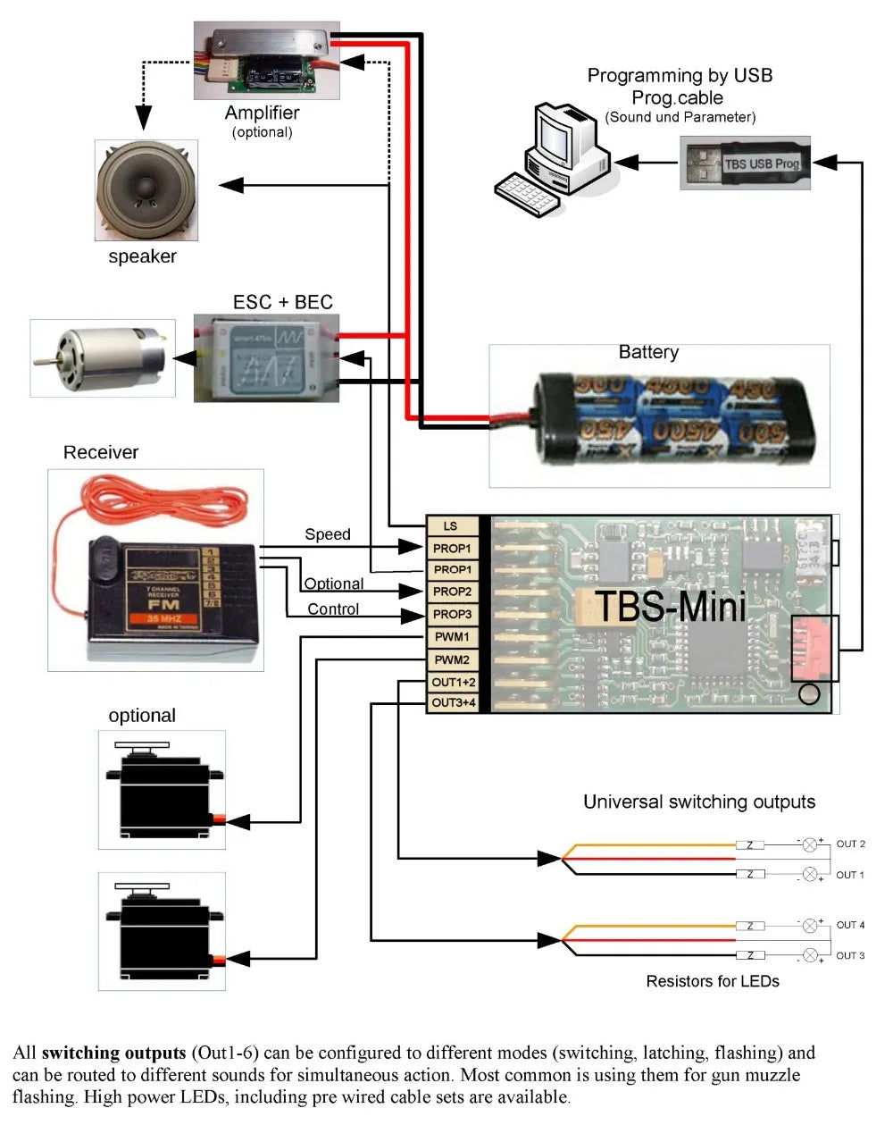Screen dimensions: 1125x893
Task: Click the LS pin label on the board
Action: [x=452, y=526]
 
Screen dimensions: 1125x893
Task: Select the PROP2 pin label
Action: [x=452, y=592]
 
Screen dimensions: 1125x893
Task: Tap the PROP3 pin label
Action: [x=452, y=615]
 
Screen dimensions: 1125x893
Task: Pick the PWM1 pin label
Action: [x=452, y=637]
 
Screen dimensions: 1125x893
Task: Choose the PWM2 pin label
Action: [x=452, y=660]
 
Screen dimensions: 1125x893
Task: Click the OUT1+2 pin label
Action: [x=454, y=683]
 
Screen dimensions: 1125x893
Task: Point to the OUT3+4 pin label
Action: [x=454, y=703]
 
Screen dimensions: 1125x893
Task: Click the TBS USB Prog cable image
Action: [x=745, y=163]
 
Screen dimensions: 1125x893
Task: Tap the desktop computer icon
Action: [x=553, y=160]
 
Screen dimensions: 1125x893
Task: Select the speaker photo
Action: [x=146, y=190]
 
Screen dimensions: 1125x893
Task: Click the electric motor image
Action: [x=102, y=357]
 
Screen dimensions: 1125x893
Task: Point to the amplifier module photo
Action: [x=266, y=61]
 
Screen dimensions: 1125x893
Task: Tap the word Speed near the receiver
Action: [x=328, y=534]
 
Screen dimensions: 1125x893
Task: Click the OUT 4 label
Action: [x=850, y=925]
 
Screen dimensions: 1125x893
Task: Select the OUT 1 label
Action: [x=850, y=875]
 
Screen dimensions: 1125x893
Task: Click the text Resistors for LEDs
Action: [x=713, y=981]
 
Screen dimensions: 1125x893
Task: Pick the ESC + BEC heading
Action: [x=282, y=302]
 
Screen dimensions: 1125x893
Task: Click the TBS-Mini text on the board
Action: [x=670, y=607]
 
